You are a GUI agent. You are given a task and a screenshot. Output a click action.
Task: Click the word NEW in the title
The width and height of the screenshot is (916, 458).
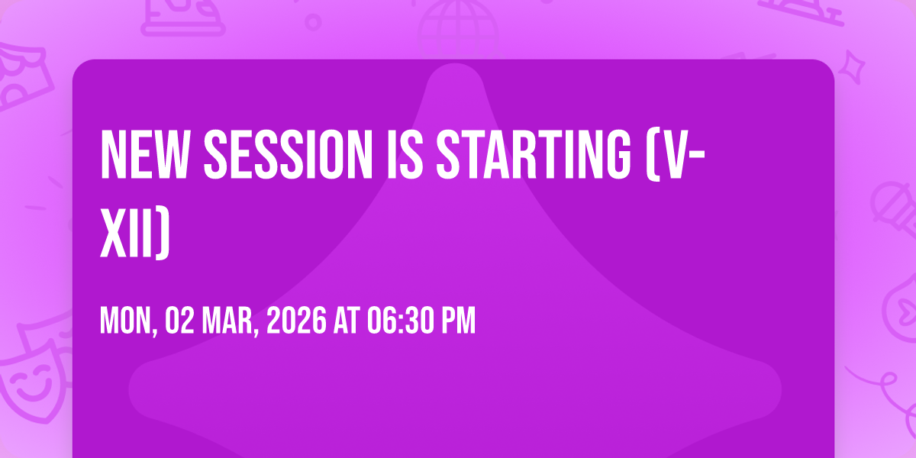144,154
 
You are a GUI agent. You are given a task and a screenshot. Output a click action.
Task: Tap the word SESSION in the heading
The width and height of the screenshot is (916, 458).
288,154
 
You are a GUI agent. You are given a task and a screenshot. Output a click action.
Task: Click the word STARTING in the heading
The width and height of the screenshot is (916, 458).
534,154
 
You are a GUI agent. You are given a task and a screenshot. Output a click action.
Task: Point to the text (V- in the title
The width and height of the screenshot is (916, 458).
676,154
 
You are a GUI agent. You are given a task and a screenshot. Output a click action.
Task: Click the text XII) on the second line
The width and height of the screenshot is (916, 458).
135,232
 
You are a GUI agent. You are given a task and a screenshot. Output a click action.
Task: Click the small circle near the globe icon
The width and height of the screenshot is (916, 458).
313,22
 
